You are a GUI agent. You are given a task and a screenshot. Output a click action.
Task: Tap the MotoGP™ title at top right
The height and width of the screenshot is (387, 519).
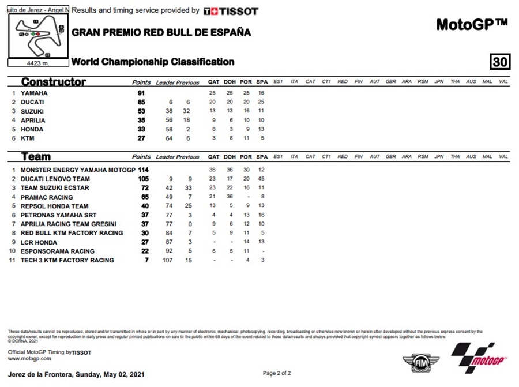pos(471,25)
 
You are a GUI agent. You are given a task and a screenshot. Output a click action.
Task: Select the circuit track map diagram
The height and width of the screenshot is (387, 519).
pos(39,35)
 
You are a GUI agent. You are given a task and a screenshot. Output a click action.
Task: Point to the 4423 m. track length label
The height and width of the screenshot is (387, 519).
pos(38,63)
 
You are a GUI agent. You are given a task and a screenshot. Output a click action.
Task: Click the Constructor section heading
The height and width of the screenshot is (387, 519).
pos(54,82)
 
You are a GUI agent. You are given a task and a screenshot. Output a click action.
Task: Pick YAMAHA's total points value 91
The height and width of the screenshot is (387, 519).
pos(141,93)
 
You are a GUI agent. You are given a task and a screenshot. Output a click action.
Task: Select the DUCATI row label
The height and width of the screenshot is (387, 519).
pos(32,102)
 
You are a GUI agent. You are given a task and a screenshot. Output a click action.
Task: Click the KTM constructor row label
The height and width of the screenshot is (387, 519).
pos(28,138)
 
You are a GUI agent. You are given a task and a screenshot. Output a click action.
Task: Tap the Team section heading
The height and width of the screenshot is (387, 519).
pos(36,156)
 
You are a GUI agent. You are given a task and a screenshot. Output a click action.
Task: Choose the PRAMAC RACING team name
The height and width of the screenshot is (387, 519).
pos(47,197)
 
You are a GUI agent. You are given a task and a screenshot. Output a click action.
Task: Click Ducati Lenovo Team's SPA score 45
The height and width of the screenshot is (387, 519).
pos(261,179)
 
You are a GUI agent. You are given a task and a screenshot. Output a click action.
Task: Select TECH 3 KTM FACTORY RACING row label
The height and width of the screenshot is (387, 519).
pos(67,260)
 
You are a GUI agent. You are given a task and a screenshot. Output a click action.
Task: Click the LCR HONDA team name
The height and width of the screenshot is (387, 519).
pos(39,242)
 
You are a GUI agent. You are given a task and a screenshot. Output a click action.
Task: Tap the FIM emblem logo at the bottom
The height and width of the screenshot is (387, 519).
pos(416,364)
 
